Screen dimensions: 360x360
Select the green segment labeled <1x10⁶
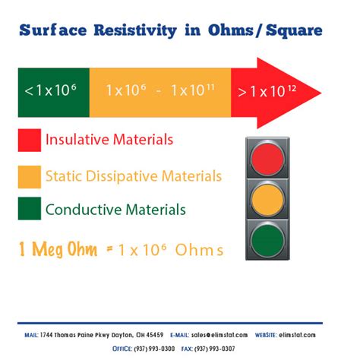(52, 91)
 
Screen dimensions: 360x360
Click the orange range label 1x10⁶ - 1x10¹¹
(159, 91)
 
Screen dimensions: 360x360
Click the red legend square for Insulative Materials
(29, 141)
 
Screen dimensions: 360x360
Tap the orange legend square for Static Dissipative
(29, 176)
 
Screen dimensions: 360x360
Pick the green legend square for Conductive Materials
(29, 209)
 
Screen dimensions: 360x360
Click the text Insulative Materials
(109, 141)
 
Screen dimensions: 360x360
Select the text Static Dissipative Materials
(134, 176)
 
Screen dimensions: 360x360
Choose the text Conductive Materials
(115, 209)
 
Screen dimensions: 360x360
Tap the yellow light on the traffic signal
(270, 201)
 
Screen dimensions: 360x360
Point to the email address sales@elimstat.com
(233, 334)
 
